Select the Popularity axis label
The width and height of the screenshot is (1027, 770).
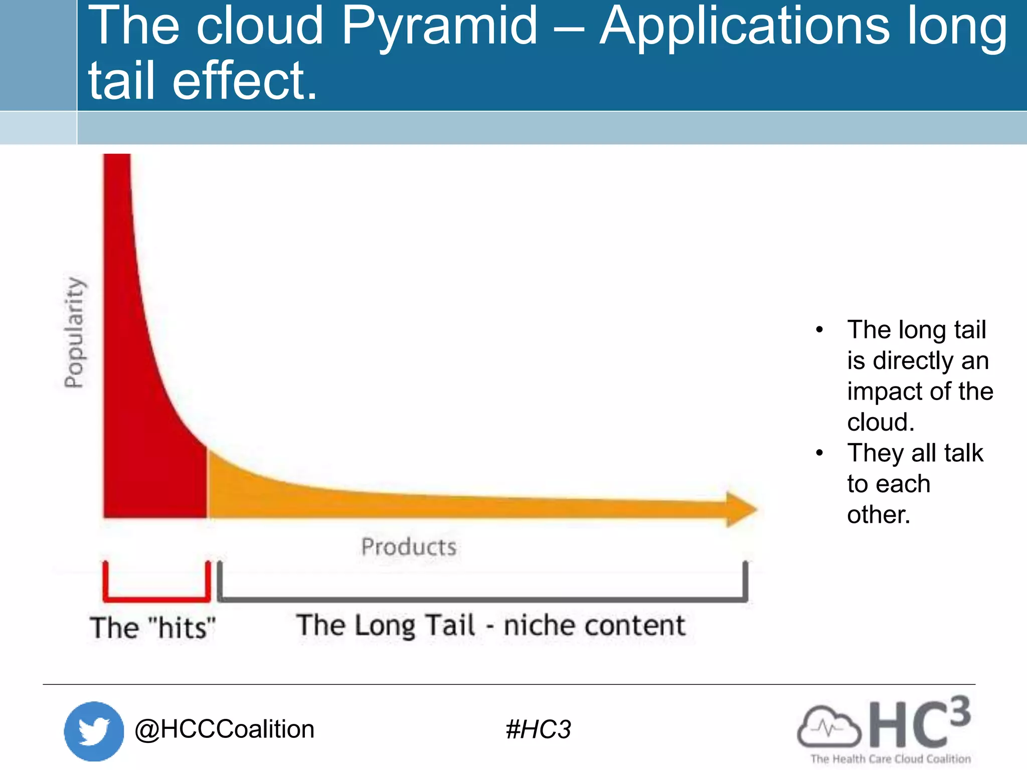[74, 332]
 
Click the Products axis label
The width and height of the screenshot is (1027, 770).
[409, 546]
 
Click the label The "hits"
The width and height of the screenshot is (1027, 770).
[152, 628]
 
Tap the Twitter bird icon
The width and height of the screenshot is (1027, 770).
[94, 731]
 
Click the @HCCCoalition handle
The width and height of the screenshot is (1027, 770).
[224, 729]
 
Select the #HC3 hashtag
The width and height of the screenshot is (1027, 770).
[538, 729]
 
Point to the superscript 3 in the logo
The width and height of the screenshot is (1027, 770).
[959, 711]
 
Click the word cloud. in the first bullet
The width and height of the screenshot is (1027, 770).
[881, 422]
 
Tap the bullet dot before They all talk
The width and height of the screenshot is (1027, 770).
[819, 453]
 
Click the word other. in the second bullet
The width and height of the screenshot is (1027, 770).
[878, 515]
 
